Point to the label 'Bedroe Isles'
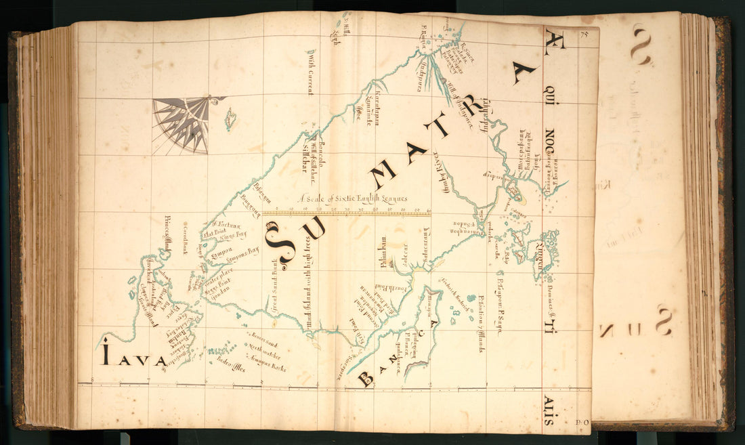click(x=231, y=366)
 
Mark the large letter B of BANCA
click(x=365, y=379)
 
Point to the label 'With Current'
click(x=310, y=72)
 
